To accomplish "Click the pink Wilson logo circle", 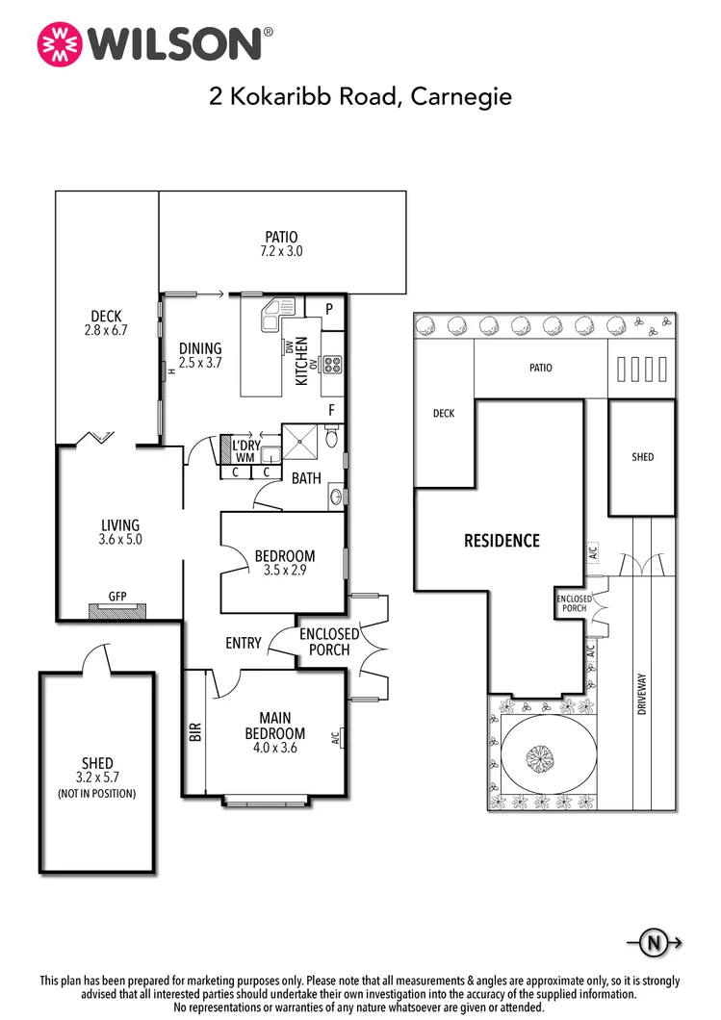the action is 60,43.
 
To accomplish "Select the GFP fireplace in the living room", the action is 116,609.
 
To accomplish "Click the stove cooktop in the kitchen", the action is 334,365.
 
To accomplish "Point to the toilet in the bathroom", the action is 332,440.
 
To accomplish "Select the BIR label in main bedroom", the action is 195,732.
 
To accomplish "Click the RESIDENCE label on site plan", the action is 502,541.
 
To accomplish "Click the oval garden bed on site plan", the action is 542,761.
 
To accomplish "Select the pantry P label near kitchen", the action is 328,309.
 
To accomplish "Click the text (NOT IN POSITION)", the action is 96,794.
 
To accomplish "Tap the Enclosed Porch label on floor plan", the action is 329,642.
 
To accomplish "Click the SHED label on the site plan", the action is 642,457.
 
